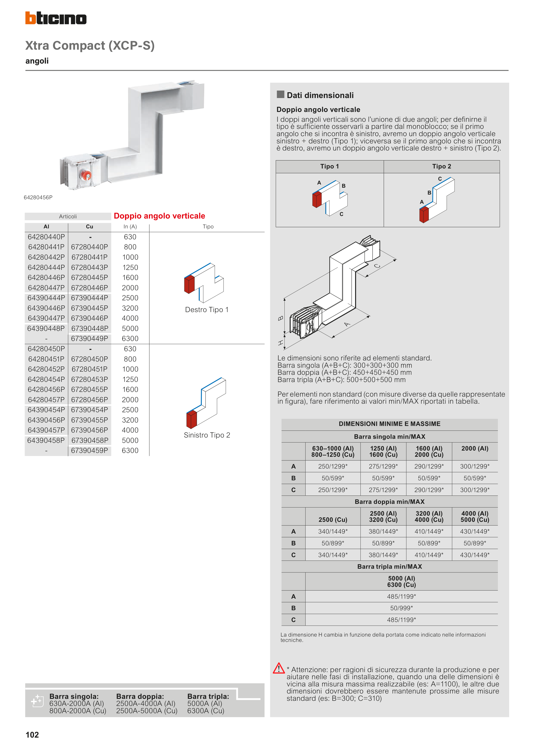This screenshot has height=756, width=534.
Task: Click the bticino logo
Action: click(x=56, y=18)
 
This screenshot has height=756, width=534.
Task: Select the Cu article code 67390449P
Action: click(x=89, y=338)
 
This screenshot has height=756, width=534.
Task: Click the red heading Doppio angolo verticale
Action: click(x=159, y=216)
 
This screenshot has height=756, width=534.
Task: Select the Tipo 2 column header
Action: click(x=442, y=167)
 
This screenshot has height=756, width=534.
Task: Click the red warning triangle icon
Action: click(x=279, y=668)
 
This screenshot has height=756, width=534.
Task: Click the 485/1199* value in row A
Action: click(x=401, y=596)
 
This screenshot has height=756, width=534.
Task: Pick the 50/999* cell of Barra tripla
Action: click(x=401, y=608)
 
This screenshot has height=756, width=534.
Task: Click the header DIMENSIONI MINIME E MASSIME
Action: click(x=390, y=424)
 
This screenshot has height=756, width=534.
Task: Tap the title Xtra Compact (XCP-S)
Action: click(x=90, y=45)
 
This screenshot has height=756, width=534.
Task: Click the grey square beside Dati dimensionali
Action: click(x=280, y=95)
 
